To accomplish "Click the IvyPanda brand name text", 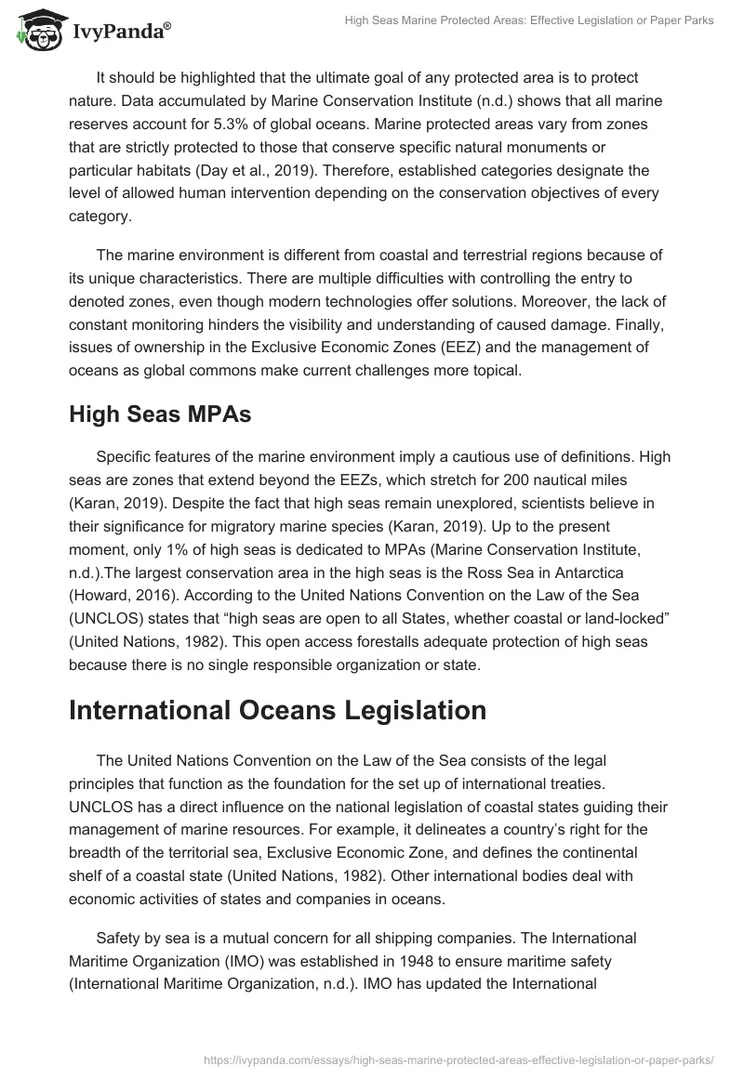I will (120, 32).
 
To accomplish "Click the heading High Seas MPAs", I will (160, 414).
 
